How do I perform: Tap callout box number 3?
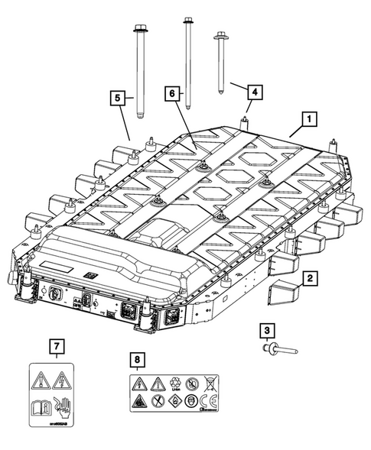[265, 331]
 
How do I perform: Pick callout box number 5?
[116, 98]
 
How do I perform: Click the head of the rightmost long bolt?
[223, 35]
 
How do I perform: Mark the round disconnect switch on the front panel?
[56, 293]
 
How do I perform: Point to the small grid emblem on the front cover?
[90, 274]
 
